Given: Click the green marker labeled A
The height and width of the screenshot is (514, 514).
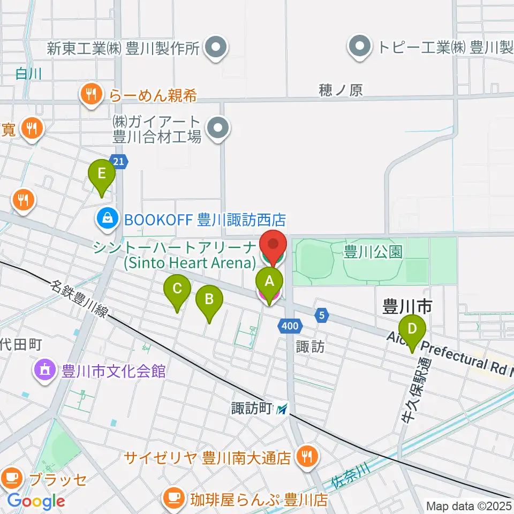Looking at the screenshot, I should pyautogui.click(x=269, y=281).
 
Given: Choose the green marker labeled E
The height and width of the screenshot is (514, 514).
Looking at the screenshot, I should pyautogui.click(x=102, y=175).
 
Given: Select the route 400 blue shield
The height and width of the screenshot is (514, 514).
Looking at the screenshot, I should pyautogui.click(x=289, y=325).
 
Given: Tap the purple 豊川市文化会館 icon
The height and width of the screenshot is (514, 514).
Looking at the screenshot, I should pyautogui.click(x=44, y=370).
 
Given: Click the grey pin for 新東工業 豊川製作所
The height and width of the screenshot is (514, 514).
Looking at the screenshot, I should pyautogui.click(x=217, y=49).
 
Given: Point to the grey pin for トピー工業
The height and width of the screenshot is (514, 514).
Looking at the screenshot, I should pyautogui.click(x=360, y=47).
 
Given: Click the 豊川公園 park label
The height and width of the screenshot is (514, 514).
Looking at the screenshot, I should pyautogui.click(x=373, y=252).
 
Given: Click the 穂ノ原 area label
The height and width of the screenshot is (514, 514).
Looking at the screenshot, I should pyautogui.click(x=341, y=90).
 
